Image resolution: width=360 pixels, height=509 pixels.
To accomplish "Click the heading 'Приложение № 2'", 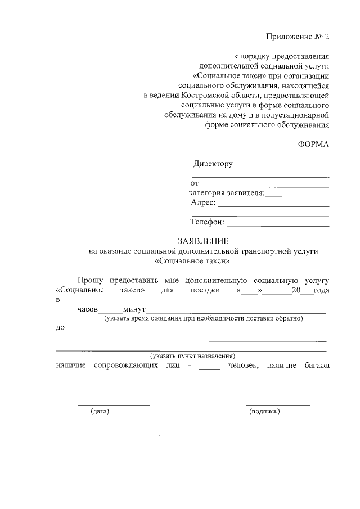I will point(297,37).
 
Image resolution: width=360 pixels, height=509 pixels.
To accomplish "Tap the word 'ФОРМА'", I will point(313,144).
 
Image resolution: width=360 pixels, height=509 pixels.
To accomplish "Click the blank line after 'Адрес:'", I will point(273,206).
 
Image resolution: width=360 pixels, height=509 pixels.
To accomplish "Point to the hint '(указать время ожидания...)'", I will point(203,319).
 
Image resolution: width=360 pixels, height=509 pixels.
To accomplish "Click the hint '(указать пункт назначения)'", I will point(192,356).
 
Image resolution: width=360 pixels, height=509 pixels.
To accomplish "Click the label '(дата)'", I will point(100,412).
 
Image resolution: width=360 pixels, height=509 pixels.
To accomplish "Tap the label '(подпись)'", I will point(264,412).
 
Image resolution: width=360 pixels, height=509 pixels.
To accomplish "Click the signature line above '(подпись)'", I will point(278,404).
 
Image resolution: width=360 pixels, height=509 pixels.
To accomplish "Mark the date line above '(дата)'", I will point(114,404).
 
